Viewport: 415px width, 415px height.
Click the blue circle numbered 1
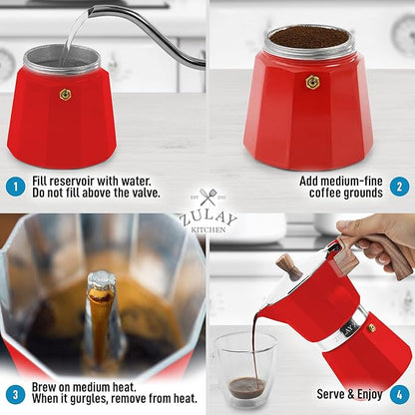pyautogui.click(x=13, y=185)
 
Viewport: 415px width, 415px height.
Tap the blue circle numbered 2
pyautogui.click(x=398, y=185)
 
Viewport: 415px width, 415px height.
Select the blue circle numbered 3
pyautogui.click(x=13, y=393)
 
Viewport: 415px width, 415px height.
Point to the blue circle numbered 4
pyautogui.click(x=398, y=393)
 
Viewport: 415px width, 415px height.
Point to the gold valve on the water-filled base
pyautogui.click(x=65, y=94)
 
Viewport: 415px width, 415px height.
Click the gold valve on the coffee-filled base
pyautogui.click(x=312, y=83)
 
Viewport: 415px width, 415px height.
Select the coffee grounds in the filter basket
pyautogui.click(x=309, y=37)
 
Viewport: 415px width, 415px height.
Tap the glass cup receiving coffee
pyautogui.click(x=244, y=369)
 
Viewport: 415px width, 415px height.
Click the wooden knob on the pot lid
pyautogui.click(x=288, y=266)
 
